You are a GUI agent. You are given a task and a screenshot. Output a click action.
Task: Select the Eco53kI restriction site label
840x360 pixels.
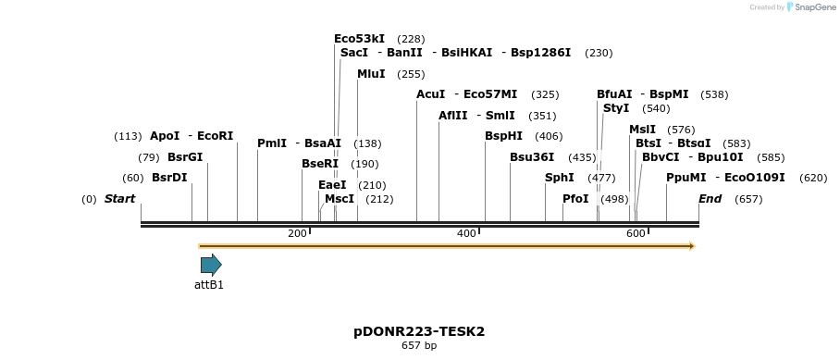pyautogui.click(x=359, y=39)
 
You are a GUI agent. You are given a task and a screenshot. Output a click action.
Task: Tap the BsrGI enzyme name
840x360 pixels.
pyautogui.click(x=185, y=157)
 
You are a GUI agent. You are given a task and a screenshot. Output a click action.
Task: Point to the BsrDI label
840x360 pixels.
pyautogui.click(x=169, y=178)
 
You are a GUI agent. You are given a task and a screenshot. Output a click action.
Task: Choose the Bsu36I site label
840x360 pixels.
pyautogui.click(x=532, y=157)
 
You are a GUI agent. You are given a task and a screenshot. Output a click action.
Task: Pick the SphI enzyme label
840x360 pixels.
pyautogui.click(x=559, y=178)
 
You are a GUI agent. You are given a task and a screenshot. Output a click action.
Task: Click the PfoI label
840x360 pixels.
pyautogui.click(x=575, y=199)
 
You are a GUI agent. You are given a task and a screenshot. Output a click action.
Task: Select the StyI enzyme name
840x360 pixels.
pyautogui.click(x=615, y=108)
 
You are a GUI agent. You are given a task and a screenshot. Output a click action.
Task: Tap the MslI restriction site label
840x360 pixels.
pyautogui.click(x=642, y=130)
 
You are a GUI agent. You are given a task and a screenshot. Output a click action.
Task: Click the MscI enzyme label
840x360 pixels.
pyautogui.click(x=340, y=199)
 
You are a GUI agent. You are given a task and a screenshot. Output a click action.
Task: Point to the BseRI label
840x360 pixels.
pyautogui.click(x=320, y=164)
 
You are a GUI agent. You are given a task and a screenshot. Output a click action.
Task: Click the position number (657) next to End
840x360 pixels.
pyautogui.click(x=748, y=199)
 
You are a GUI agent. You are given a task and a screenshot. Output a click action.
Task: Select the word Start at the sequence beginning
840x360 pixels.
pyautogui.click(x=119, y=199)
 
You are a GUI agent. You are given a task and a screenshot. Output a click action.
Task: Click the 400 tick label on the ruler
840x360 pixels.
pyautogui.click(x=465, y=233)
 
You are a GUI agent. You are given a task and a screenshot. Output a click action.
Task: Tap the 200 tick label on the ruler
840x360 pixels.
pyautogui.click(x=297, y=233)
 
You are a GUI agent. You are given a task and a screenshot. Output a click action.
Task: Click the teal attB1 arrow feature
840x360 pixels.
pyautogui.click(x=211, y=266)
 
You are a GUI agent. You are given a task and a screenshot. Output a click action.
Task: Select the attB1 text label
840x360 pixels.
pyautogui.click(x=209, y=285)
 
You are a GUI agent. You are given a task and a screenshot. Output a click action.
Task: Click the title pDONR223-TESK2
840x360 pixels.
pyautogui.click(x=419, y=330)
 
